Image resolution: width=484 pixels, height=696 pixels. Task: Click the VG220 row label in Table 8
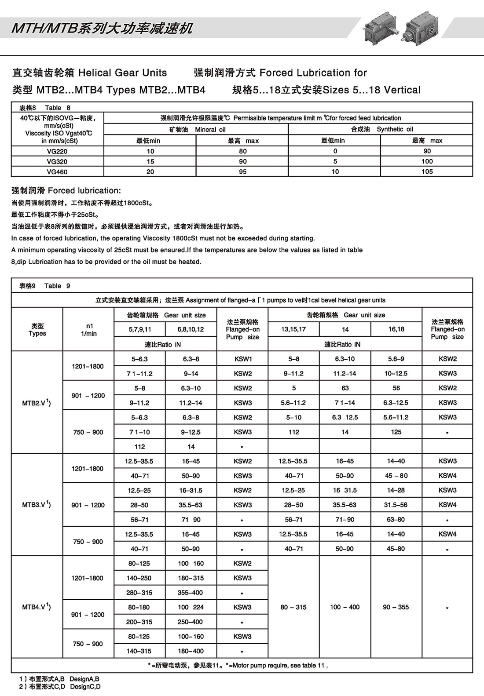click(57, 151)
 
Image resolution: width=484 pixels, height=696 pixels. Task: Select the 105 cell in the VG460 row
click(427, 171)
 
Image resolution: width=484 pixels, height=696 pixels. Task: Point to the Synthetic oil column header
click(381, 129)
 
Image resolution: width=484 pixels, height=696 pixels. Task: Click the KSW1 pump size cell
click(243, 359)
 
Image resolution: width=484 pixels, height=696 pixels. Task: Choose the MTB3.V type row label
click(37, 505)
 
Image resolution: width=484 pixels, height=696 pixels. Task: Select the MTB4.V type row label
click(37, 607)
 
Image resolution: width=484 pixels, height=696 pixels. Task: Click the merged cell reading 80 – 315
click(293, 607)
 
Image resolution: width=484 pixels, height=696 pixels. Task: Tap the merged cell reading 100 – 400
click(345, 607)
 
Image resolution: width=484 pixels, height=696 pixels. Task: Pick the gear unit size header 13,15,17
click(293, 329)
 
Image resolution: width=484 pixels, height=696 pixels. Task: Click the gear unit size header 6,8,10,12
click(191, 329)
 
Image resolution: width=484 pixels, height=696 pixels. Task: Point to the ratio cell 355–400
click(190, 593)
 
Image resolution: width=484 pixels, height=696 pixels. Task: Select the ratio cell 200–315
click(139, 622)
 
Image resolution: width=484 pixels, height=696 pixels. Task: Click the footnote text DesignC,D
click(85, 687)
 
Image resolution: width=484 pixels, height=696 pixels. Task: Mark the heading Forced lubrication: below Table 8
click(66, 190)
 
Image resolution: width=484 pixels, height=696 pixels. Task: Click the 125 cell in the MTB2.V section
click(396, 432)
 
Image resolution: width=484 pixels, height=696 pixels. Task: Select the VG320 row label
click(57, 161)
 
